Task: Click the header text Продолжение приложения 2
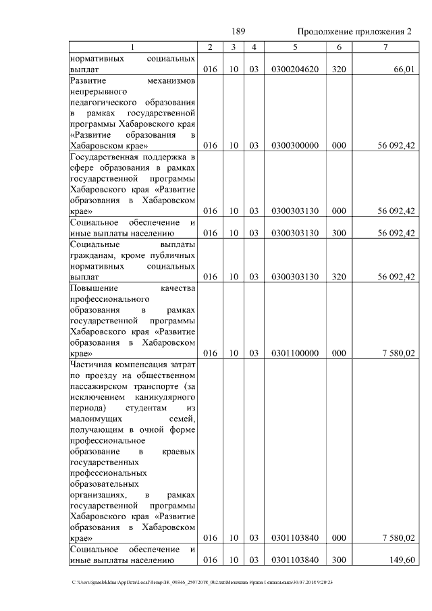coord(354,32)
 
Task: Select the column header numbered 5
coord(294,47)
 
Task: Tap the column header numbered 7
coord(384,47)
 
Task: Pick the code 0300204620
coord(294,69)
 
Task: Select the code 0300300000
coord(294,145)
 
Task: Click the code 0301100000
coord(294,352)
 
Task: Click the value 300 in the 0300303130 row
coord(339,233)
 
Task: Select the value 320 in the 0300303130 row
coord(339,277)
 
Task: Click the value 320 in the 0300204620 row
coord(339,69)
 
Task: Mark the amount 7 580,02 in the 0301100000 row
coord(398,352)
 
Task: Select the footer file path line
coord(207,581)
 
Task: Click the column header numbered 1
coord(132,47)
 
